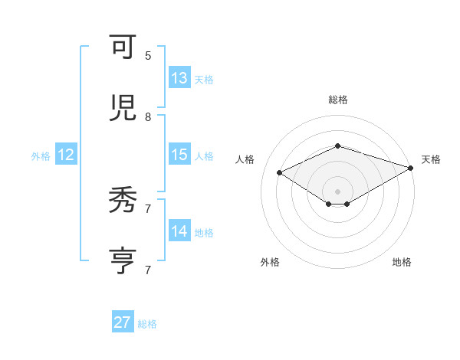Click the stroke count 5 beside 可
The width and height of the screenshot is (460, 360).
(148, 56)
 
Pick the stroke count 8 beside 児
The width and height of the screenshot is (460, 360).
(148, 117)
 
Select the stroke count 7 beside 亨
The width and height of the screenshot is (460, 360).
(148, 270)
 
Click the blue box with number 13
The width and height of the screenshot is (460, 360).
(179, 77)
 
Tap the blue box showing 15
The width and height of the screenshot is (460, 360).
(179, 154)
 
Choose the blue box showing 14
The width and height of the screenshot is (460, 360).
(179, 231)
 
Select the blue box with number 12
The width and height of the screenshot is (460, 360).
(66, 155)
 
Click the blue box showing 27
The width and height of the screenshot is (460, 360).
(123, 322)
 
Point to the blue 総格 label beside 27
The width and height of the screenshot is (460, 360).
(147, 324)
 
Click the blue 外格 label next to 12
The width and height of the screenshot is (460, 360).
(41, 156)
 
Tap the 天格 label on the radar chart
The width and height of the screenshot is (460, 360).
(431, 159)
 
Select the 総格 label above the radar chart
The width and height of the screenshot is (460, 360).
(337, 100)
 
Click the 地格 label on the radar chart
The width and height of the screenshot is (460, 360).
(402, 262)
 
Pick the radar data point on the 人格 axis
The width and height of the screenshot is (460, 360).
(280, 173)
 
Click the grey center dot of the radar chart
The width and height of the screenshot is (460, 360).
(337, 191)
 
